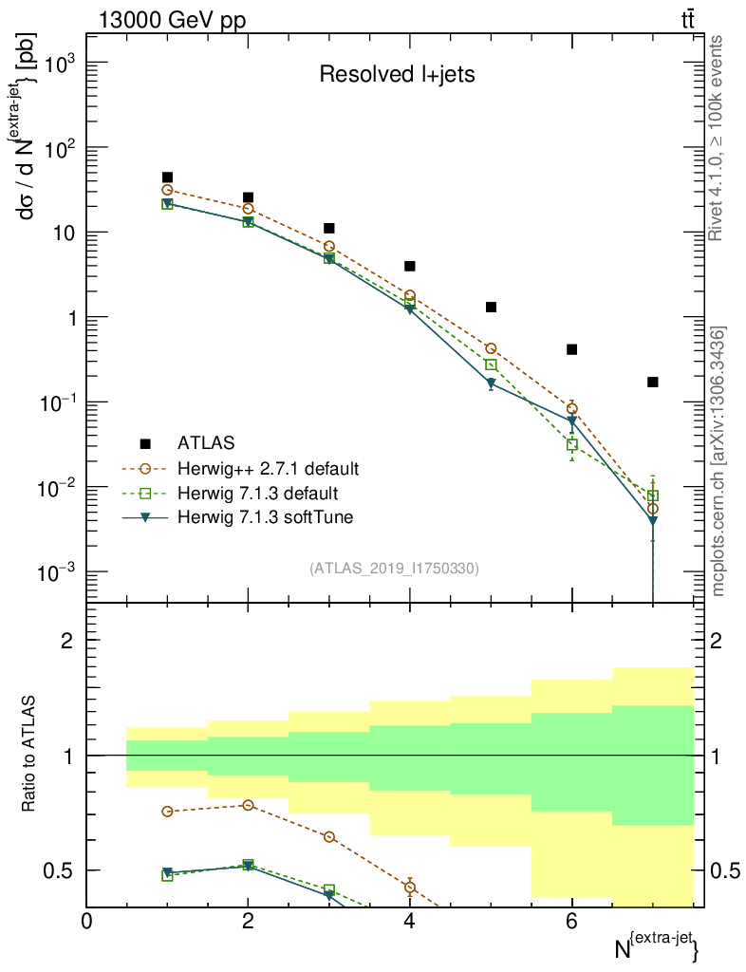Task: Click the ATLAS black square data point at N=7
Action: coord(652,382)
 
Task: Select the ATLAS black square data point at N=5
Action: coord(491,307)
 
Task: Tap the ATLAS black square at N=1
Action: coord(167,178)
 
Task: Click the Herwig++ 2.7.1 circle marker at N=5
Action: coord(491,348)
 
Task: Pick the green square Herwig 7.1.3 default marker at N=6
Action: coord(571,444)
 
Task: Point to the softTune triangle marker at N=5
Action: coord(491,383)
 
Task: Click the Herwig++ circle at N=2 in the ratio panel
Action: coord(249,805)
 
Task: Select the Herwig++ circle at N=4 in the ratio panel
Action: coord(410,888)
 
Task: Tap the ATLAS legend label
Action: coord(206,443)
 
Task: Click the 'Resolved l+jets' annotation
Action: coord(397,74)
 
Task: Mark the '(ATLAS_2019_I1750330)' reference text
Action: coord(394,569)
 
